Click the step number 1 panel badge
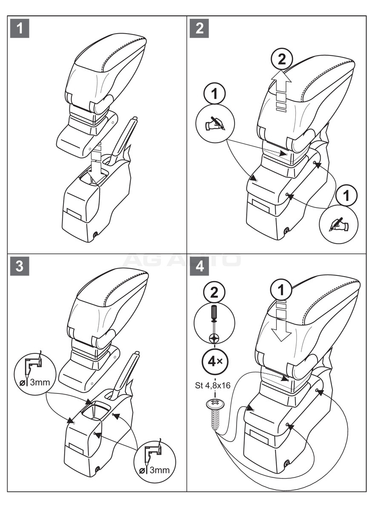click(x=20, y=29)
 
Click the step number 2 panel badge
click(x=199, y=29)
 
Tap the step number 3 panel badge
click(x=20, y=266)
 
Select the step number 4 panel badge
click(x=199, y=266)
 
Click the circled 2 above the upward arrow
click(x=281, y=60)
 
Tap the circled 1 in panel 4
click(x=281, y=291)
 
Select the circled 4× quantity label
click(x=215, y=362)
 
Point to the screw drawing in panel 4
click(x=215, y=415)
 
